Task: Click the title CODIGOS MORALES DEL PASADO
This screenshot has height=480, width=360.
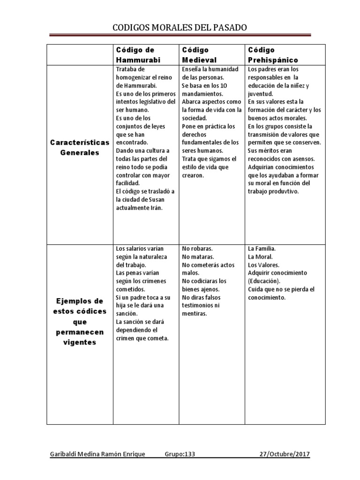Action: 180,28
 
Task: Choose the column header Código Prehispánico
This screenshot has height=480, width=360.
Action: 273,55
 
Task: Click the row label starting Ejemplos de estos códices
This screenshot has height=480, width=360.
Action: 80,322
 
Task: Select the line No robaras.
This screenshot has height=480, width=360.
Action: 197,248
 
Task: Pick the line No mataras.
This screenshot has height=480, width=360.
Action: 198,257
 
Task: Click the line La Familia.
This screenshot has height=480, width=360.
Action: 262,248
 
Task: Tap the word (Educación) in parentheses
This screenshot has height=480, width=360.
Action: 264,281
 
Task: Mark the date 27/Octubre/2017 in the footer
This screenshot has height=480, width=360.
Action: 285,454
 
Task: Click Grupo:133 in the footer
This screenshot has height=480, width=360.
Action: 180,454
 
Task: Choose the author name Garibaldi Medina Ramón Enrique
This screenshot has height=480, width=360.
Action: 97,454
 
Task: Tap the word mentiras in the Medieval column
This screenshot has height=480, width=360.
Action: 195,314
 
